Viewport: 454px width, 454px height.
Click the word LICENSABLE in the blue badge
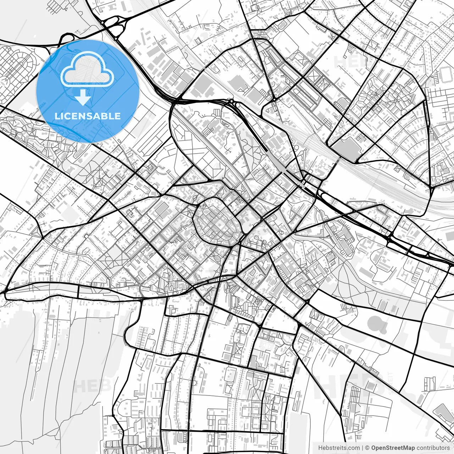(88, 116)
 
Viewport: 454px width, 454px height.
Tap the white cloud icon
(87, 72)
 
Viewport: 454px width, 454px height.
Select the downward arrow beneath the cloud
(83, 97)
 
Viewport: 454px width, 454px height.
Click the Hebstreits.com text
(339, 448)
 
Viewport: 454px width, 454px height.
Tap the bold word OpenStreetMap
(393, 448)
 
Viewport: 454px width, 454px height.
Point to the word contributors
(433, 448)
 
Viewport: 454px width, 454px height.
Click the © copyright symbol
(367, 448)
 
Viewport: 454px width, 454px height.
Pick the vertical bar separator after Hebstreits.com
(362, 448)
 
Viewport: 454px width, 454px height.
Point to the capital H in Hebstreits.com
(320, 448)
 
